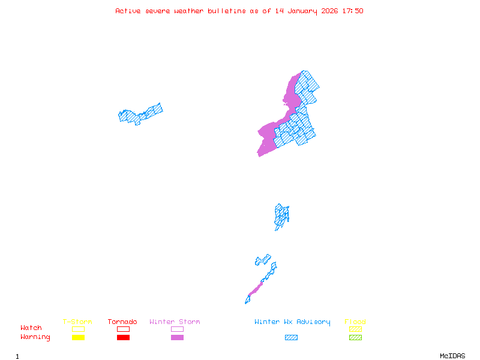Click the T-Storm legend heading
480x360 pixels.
tap(77, 322)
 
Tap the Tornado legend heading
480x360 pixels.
tap(122, 322)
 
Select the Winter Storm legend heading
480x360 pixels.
tap(175, 322)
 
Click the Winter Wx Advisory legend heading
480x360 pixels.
tap(292, 322)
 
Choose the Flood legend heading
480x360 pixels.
tap(355, 322)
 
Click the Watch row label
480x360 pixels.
tap(31, 328)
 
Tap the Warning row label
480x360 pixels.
tap(35, 337)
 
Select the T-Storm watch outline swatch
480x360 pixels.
tap(78, 329)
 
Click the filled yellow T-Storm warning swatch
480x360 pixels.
tap(78, 337)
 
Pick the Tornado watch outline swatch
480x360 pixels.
tap(123, 329)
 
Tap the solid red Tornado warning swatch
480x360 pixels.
tap(123, 337)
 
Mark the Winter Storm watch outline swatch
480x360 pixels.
tap(177, 329)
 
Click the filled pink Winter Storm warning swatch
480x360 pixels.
tap(177, 337)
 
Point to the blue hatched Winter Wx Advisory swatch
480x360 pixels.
tap(291, 337)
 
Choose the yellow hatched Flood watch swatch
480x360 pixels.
tap(355, 329)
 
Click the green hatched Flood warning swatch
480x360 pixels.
tap(355, 337)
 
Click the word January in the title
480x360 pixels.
tap(300, 11)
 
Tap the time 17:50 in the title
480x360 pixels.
tap(353, 11)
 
